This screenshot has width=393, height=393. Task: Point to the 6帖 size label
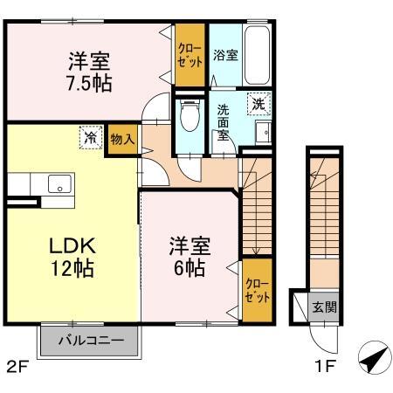click(189, 268)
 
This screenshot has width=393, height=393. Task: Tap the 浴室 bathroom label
click(225, 56)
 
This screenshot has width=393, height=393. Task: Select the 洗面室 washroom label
click(224, 123)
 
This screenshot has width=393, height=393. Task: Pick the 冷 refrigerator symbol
click(90, 136)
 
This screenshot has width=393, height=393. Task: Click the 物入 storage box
click(122, 140)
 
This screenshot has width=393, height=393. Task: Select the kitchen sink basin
click(59, 184)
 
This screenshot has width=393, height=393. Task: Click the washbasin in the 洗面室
click(262, 134)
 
